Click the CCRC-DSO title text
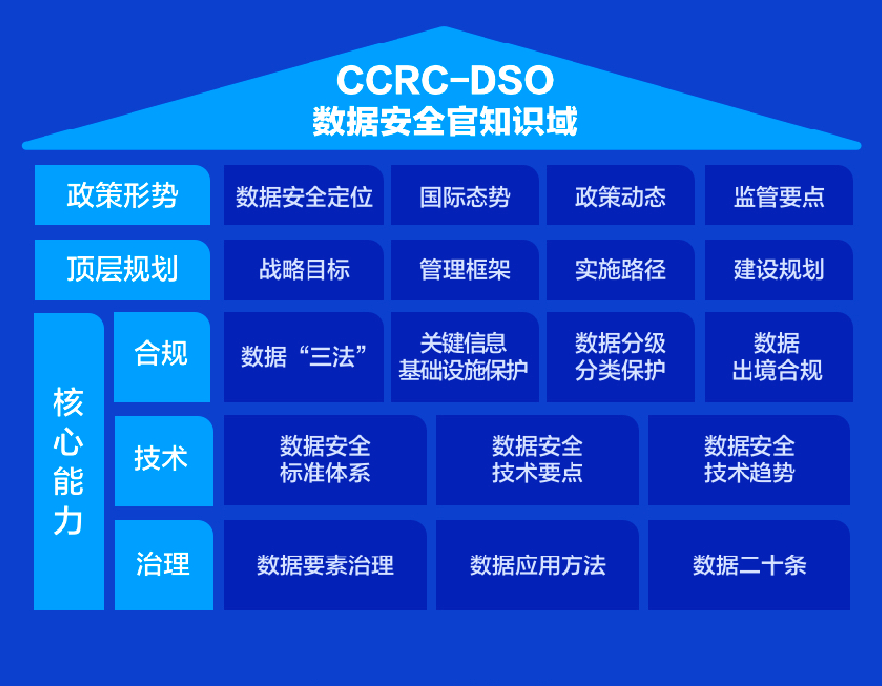444,80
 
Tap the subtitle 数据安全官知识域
444,122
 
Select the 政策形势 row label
122,195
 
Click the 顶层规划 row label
122,269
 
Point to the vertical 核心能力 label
68,461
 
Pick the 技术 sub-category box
162,460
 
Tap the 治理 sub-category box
162,564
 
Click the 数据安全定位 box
304,196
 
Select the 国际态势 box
465,196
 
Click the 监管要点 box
778,196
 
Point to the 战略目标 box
304,269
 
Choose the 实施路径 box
620,269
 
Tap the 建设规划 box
778,269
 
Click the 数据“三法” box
304,357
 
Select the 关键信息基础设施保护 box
465,357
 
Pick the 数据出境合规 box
778,357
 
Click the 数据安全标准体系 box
325,460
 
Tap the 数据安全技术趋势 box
749,460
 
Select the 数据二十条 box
749,564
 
